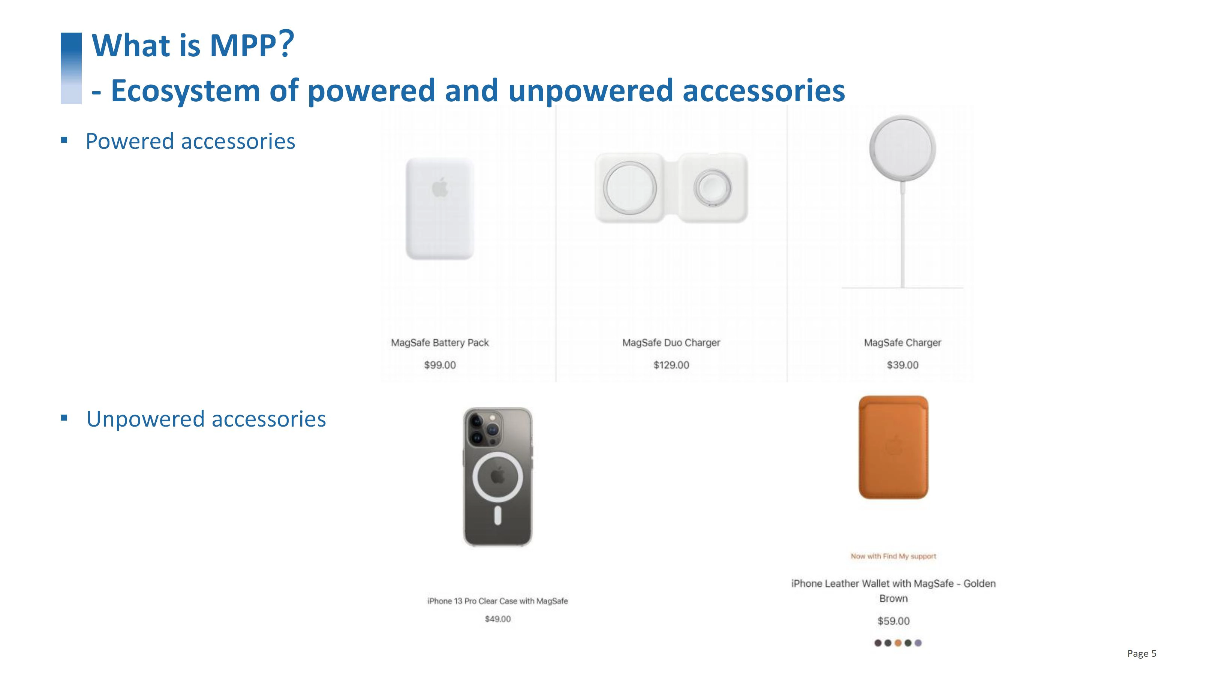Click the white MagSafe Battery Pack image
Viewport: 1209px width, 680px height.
[x=440, y=208]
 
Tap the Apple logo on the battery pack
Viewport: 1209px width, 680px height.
[x=440, y=188]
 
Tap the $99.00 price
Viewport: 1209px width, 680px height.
[x=440, y=365]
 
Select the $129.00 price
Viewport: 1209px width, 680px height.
[x=671, y=365]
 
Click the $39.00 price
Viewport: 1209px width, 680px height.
[x=902, y=365]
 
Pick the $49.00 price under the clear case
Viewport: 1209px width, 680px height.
[x=497, y=619]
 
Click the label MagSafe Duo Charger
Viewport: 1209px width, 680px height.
[x=671, y=343]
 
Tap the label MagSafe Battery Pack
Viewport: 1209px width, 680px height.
[x=440, y=343]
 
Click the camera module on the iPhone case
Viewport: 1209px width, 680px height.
[x=483, y=428]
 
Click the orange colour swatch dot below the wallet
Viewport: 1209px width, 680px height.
[x=898, y=643]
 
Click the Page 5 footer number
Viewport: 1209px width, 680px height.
[x=1142, y=653]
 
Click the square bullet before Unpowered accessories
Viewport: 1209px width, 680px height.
[x=64, y=418]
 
